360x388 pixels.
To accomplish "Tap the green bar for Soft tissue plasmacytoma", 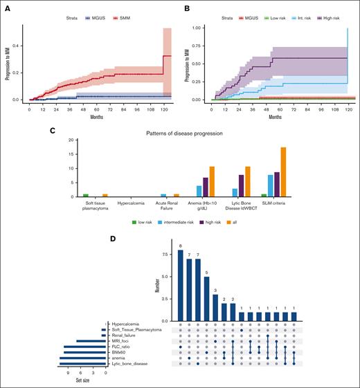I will (x=85, y=195).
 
